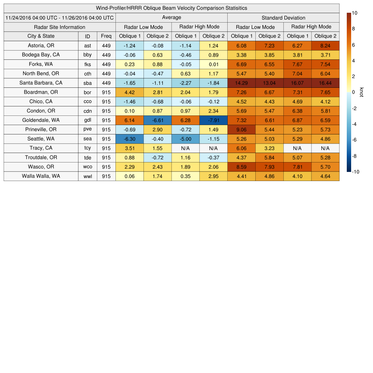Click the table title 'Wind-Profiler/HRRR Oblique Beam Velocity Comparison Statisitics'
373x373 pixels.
point(172,8)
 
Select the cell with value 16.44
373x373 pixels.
point(325,83)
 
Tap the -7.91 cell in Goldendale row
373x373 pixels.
point(213,120)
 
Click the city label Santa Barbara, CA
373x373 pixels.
point(41,83)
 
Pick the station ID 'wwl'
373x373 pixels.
point(87,176)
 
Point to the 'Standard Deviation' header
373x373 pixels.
point(283,18)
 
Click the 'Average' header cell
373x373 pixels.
point(172,17)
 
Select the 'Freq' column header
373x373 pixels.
point(106,36)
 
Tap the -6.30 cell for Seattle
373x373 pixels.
point(130,139)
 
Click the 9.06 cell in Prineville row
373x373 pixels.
point(242,130)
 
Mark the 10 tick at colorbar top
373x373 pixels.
point(354,13)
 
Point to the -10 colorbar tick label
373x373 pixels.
point(356,172)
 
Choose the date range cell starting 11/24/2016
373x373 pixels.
point(60,18)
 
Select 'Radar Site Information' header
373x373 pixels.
point(60,27)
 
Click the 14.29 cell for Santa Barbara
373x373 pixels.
point(242,83)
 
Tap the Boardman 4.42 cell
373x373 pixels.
point(130,92)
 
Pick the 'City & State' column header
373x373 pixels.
point(41,36)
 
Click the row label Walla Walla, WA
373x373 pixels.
point(41,176)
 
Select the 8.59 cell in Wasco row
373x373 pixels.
point(242,167)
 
